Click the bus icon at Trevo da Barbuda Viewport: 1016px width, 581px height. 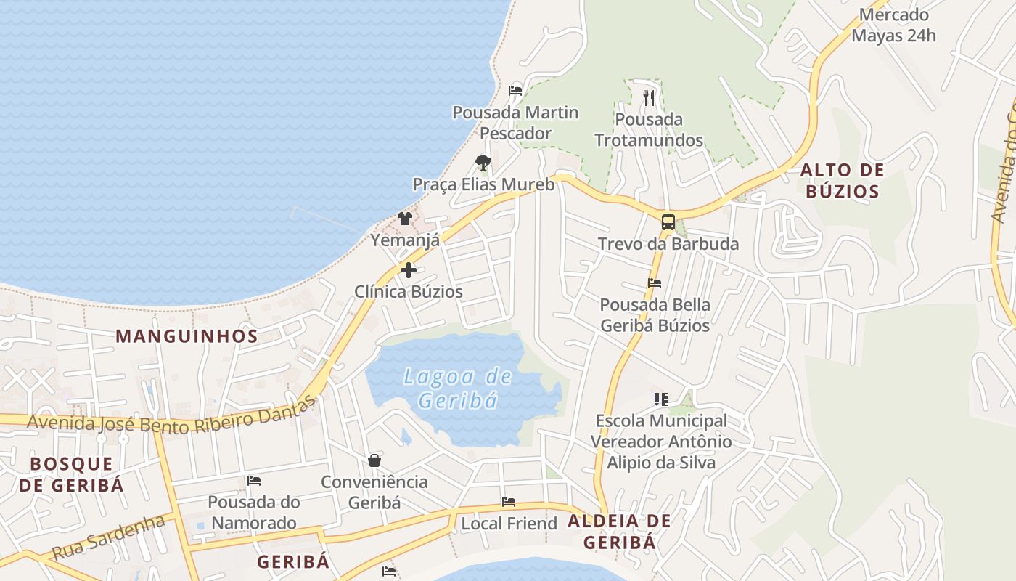click(668, 222)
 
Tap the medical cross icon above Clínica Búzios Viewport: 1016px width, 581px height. click(409, 270)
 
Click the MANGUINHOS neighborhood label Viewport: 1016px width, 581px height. click(187, 336)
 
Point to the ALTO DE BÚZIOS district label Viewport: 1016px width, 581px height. click(842, 181)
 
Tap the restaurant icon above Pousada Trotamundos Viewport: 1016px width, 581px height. click(649, 97)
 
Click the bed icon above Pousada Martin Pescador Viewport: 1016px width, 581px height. click(515, 91)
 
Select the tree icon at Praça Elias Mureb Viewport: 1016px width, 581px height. click(483, 162)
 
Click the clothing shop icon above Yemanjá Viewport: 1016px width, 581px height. click(405, 218)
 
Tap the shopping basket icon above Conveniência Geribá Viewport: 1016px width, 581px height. click(374, 460)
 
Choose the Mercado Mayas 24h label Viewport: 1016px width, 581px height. click(893, 25)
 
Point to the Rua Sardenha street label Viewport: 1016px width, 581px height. click(108, 538)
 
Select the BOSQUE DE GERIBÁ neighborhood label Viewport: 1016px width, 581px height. click(71, 474)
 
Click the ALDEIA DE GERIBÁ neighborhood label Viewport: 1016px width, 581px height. click(619, 531)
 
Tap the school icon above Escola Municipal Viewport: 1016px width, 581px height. click(660, 399)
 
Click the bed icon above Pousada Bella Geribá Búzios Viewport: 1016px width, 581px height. click(655, 283)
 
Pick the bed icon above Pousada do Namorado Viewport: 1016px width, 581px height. click(253, 480)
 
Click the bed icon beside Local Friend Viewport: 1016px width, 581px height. click(509, 502)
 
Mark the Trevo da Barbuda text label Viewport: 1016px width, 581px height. click(668, 244)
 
